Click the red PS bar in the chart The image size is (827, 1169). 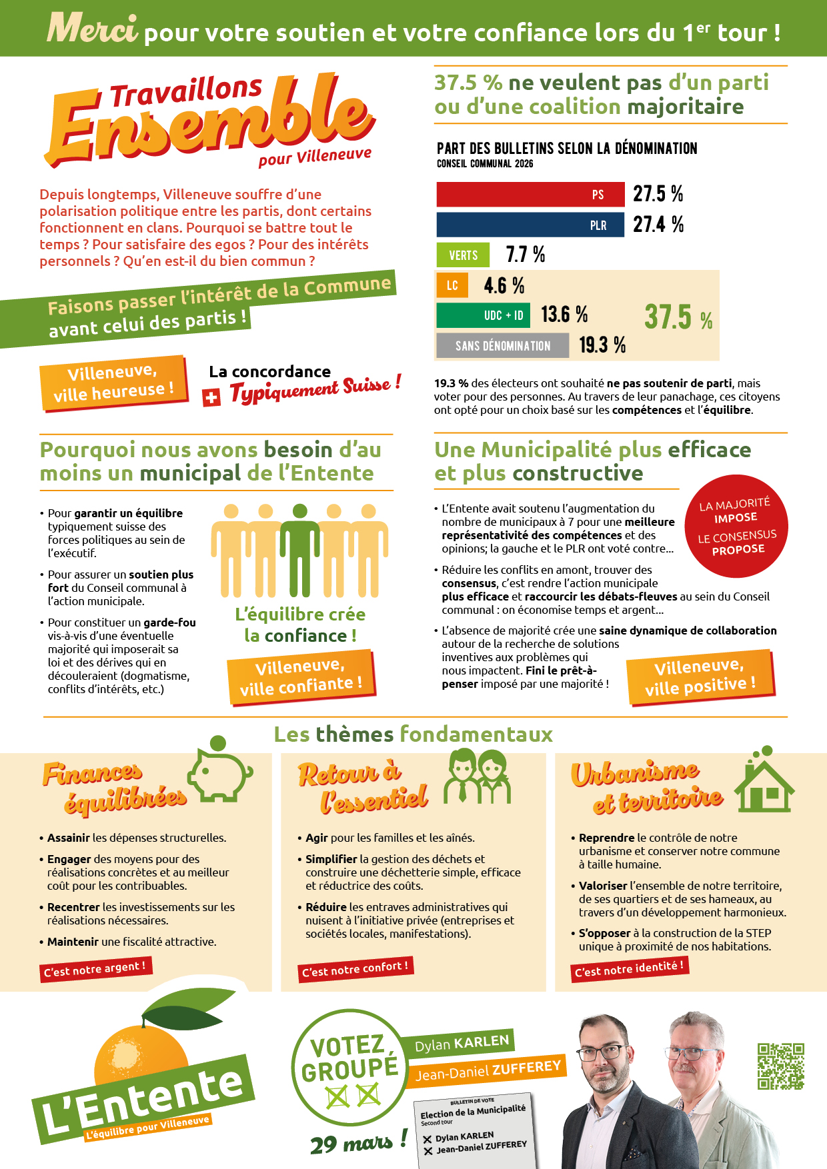click(530, 195)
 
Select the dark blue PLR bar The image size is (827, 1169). click(530, 225)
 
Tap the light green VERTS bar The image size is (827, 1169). click(463, 255)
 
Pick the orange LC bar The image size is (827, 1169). click(452, 285)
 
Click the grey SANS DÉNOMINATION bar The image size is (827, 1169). click(502, 345)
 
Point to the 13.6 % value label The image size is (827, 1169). click(564, 314)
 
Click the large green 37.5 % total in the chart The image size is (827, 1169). click(678, 317)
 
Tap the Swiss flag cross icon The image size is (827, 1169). click(211, 398)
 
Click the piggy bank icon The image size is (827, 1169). click(219, 770)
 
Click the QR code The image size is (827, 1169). click(780, 1066)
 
